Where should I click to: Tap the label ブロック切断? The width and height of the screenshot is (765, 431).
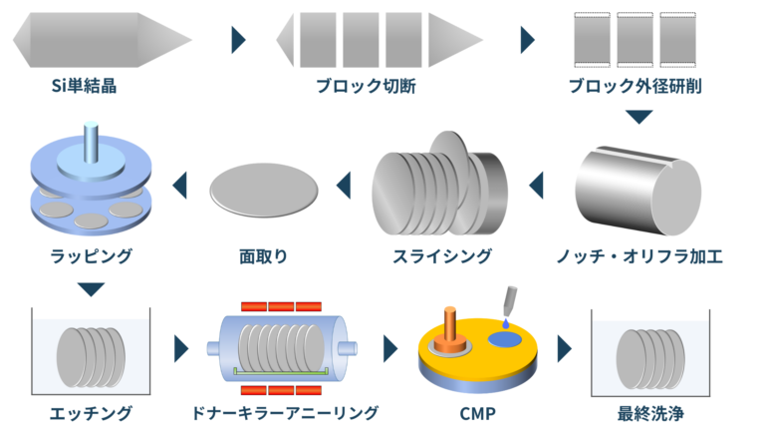[370, 86]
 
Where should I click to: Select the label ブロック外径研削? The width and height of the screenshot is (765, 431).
[638, 86]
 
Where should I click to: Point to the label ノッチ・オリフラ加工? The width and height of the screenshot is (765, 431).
[638, 256]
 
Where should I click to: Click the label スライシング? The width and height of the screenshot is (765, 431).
[439, 256]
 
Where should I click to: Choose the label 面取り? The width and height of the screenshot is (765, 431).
[264, 256]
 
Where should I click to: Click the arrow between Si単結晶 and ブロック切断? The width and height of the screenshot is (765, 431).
[238, 39]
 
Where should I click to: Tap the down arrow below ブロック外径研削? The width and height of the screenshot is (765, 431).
[638, 117]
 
